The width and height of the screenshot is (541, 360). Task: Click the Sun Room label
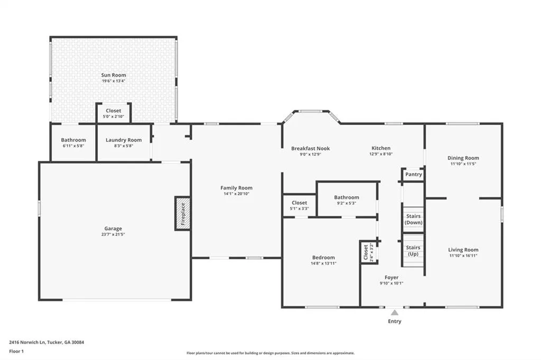[114, 75]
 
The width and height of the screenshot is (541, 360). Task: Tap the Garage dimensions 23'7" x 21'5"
[113, 234]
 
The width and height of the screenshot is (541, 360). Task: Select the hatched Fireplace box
[183, 213]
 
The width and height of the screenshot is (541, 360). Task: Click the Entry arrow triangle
[395, 312]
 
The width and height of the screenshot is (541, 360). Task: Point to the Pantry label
[413, 174]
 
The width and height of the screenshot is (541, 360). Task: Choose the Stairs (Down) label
[413, 219]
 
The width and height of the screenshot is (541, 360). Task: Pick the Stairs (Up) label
[413, 251]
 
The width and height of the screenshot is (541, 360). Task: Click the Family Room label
[236, 187]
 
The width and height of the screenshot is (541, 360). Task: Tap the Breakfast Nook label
[311, 148]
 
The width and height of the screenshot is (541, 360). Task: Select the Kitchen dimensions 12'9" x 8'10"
[381, 154]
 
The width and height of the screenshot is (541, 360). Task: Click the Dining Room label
[463, 158]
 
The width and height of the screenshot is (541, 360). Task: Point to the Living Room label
[463, 250]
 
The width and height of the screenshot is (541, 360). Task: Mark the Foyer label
[391, 277]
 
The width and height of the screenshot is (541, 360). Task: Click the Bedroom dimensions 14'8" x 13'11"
[323, 263]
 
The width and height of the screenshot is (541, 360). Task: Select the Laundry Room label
[124, 140]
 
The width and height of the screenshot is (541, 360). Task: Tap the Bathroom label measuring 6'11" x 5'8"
[73, 140]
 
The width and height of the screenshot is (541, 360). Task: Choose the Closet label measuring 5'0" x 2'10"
[114, 110]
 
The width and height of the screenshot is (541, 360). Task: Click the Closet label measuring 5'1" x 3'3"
[299, 202]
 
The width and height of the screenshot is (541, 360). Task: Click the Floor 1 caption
[16, 352]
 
